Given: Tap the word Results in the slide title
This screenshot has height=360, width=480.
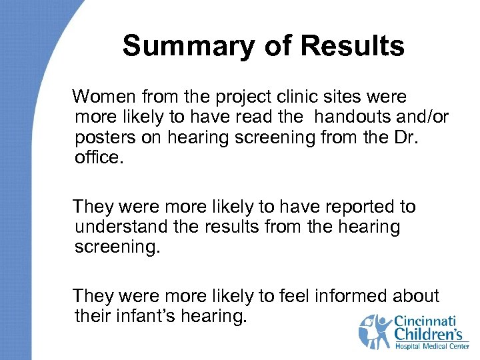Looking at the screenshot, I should pyautogui.click(x=353, y=47).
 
